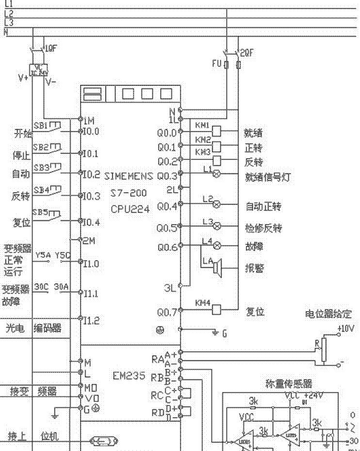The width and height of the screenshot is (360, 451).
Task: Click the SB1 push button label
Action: coord(40,125)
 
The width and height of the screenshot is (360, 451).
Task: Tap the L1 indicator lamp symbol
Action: coord(217,174)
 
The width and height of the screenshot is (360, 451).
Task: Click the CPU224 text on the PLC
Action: coord(130,209)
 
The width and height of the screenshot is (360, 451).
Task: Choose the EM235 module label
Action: coord(129,376)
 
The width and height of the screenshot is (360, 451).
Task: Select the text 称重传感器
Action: coord(289,383)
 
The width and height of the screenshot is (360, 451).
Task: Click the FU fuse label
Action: coord(216,64)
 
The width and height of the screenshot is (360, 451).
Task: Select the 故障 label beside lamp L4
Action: coord(254,246)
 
